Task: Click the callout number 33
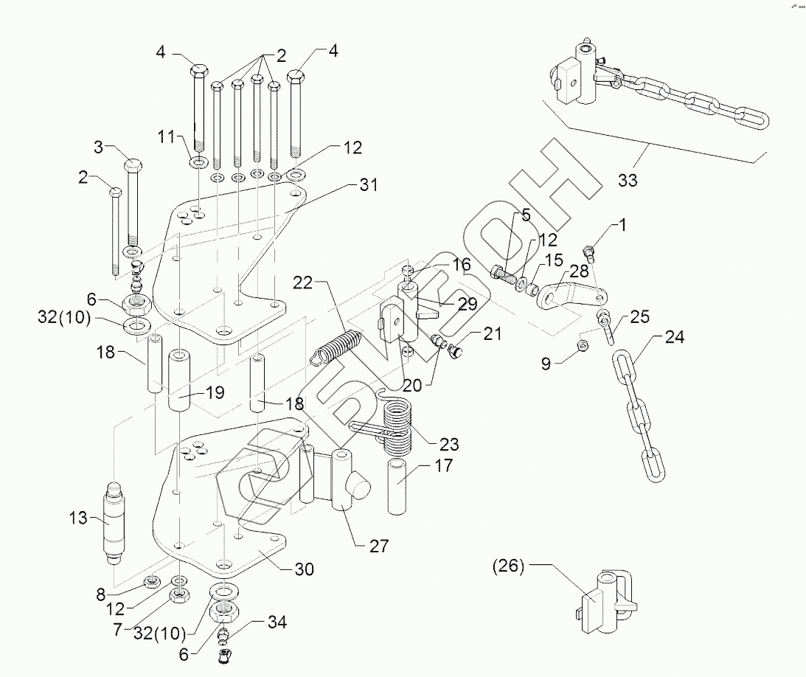[x=628, y=180]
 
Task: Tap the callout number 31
[x=369, y=184]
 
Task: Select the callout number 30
[x=305, y=569]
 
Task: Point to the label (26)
[x=508, y=566]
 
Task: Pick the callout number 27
[x=379, y=546]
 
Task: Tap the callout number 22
[x=303, y=282]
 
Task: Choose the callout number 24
[x=675, y=337]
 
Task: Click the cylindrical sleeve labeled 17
[x=397, y=486]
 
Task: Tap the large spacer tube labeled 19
[x=179, y=381]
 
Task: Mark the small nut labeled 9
[x=583, y=345]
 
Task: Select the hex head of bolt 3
[x=133, y=167]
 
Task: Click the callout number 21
[x=492, y=333]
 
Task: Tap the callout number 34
[x=277, y=622]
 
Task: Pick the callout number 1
[x=622, y=225]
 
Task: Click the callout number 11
[x=167, y=136]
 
